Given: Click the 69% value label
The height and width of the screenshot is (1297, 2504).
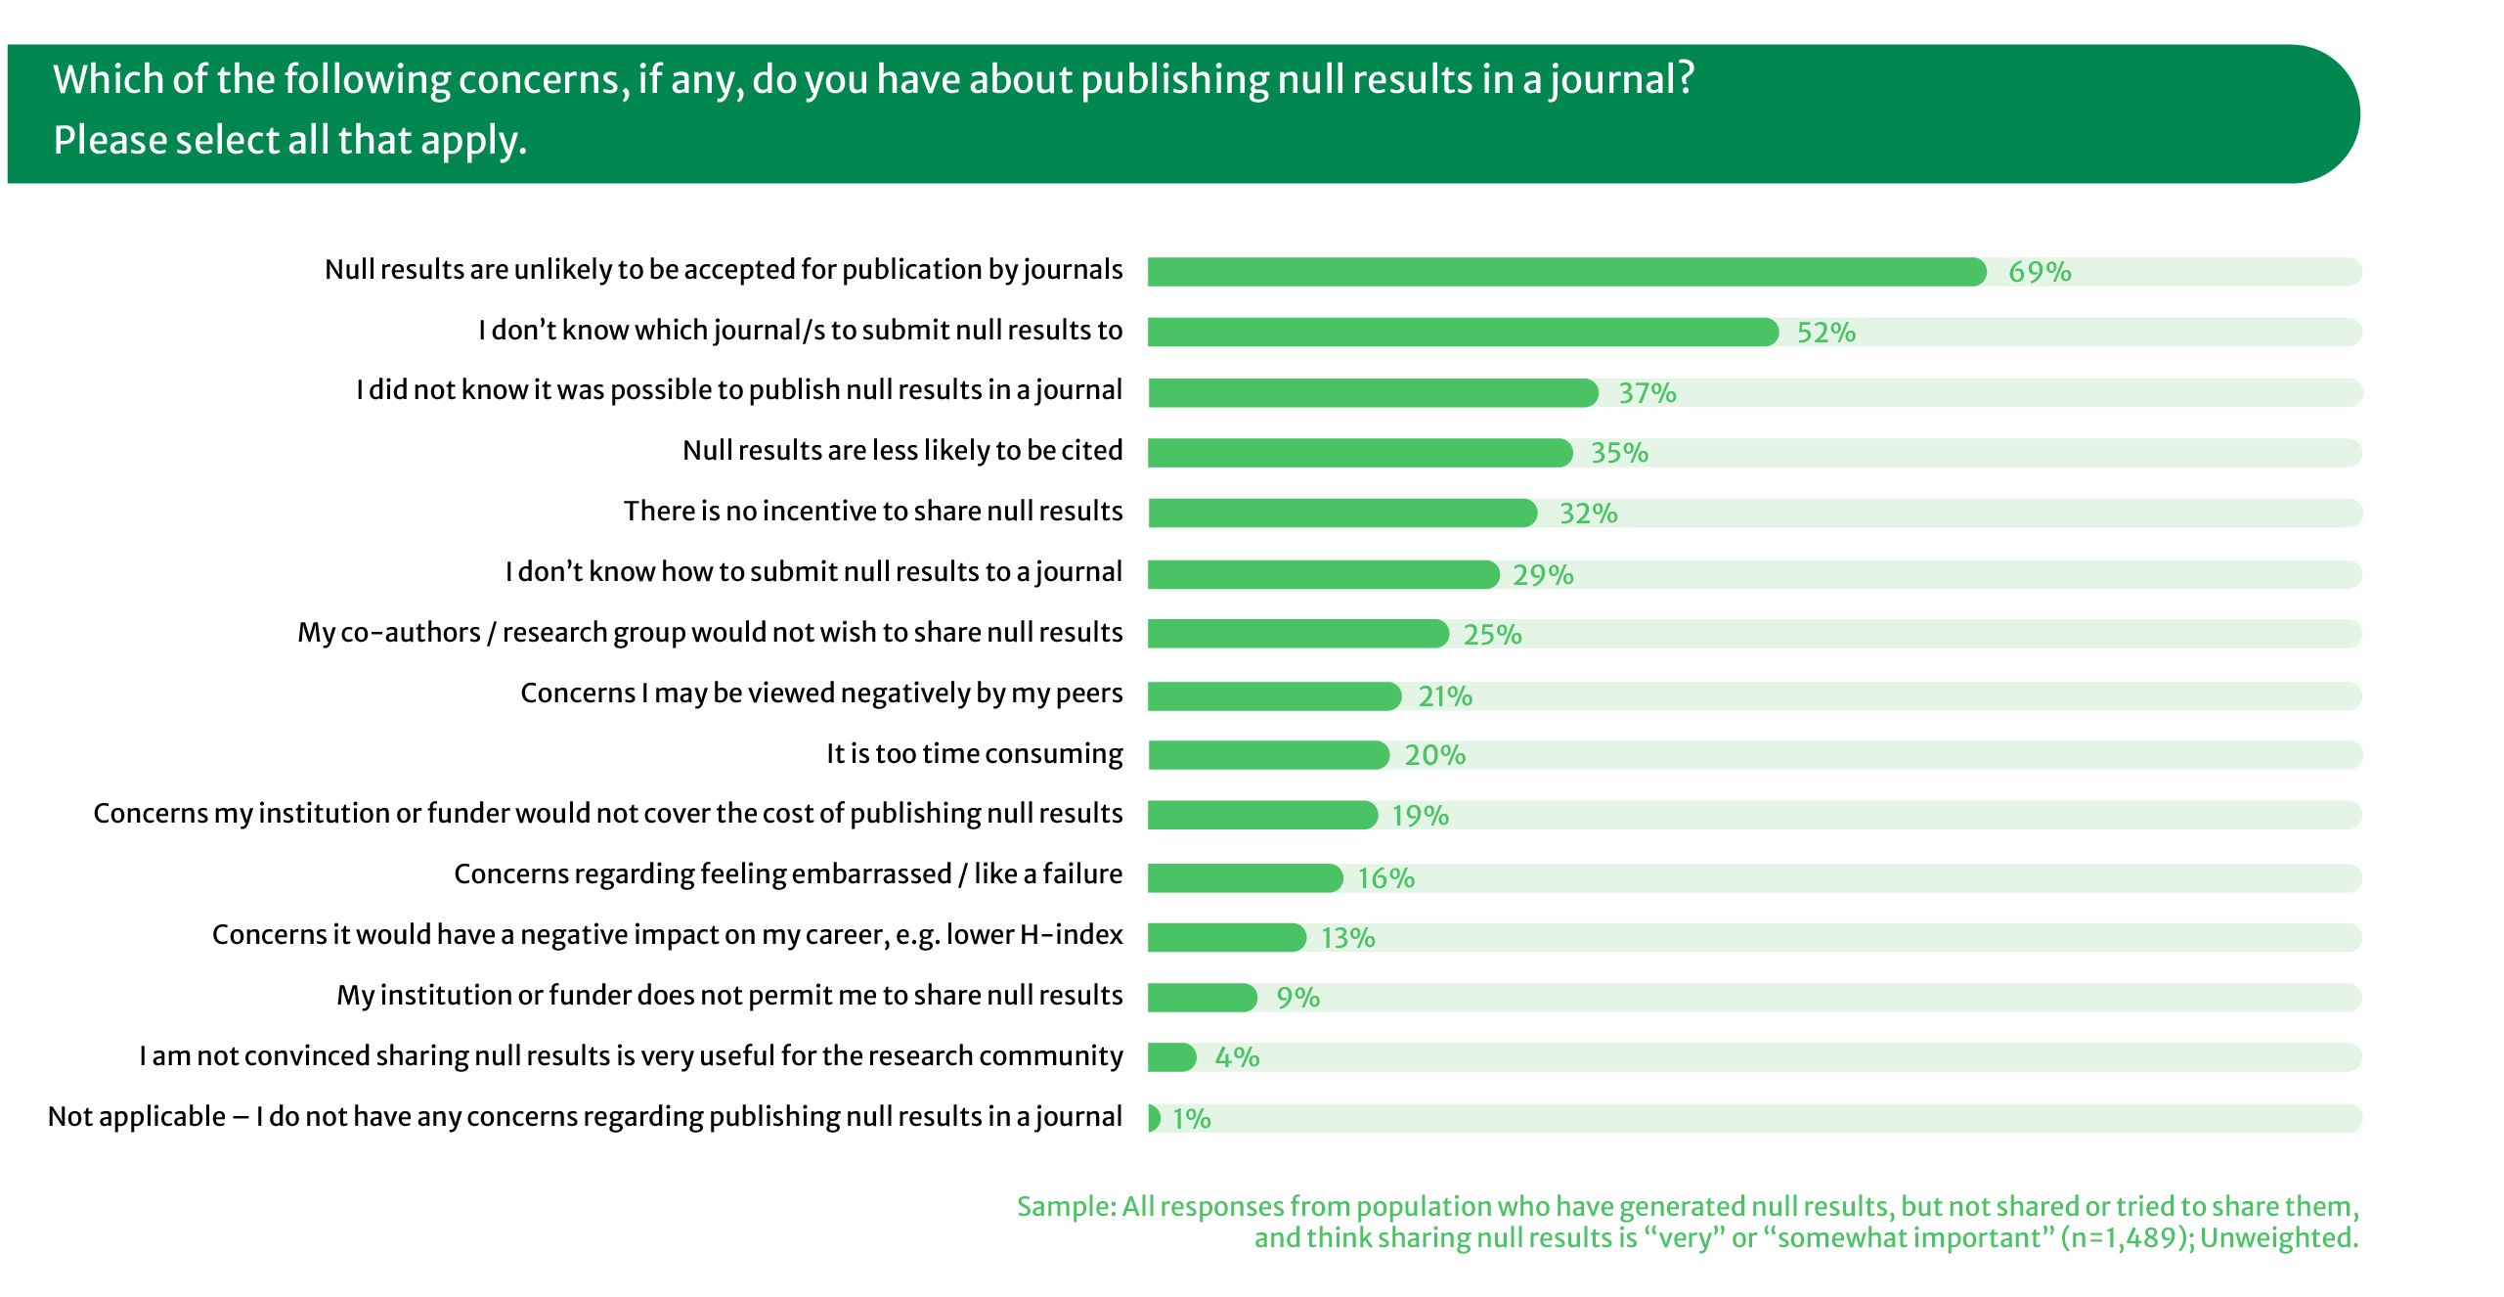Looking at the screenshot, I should point(2040,272).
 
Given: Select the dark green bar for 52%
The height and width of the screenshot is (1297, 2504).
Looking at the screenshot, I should point(1462,333).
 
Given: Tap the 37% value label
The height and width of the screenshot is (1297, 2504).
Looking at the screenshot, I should point(1647,393).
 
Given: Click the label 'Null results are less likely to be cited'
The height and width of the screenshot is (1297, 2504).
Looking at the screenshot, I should point(902,450).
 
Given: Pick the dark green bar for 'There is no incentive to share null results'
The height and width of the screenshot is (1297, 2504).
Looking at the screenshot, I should point(1341,513).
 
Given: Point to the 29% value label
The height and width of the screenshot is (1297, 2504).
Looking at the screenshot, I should point(1543,574).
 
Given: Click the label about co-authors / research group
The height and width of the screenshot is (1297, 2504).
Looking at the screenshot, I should point(710,632).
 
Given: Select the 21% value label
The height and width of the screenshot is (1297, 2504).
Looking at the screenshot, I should point(1445,695).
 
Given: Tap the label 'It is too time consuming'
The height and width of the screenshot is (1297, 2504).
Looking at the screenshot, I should point(975,753).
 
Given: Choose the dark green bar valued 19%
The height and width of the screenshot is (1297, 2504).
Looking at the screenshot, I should point(1262,815).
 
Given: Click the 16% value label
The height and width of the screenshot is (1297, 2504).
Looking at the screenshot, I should point(1385,877).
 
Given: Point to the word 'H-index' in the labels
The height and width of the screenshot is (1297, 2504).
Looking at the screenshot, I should point(1072,934).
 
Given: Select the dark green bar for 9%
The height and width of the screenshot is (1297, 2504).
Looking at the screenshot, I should point(1202,998).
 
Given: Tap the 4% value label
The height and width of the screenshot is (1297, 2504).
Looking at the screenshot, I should point(1237,1057).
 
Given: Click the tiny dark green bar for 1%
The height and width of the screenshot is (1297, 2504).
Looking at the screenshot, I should point(1154,1118).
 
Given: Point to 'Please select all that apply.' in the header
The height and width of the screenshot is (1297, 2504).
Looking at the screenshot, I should point(289,140).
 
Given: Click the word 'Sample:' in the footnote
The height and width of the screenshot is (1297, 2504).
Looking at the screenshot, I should point(1066,1206).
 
